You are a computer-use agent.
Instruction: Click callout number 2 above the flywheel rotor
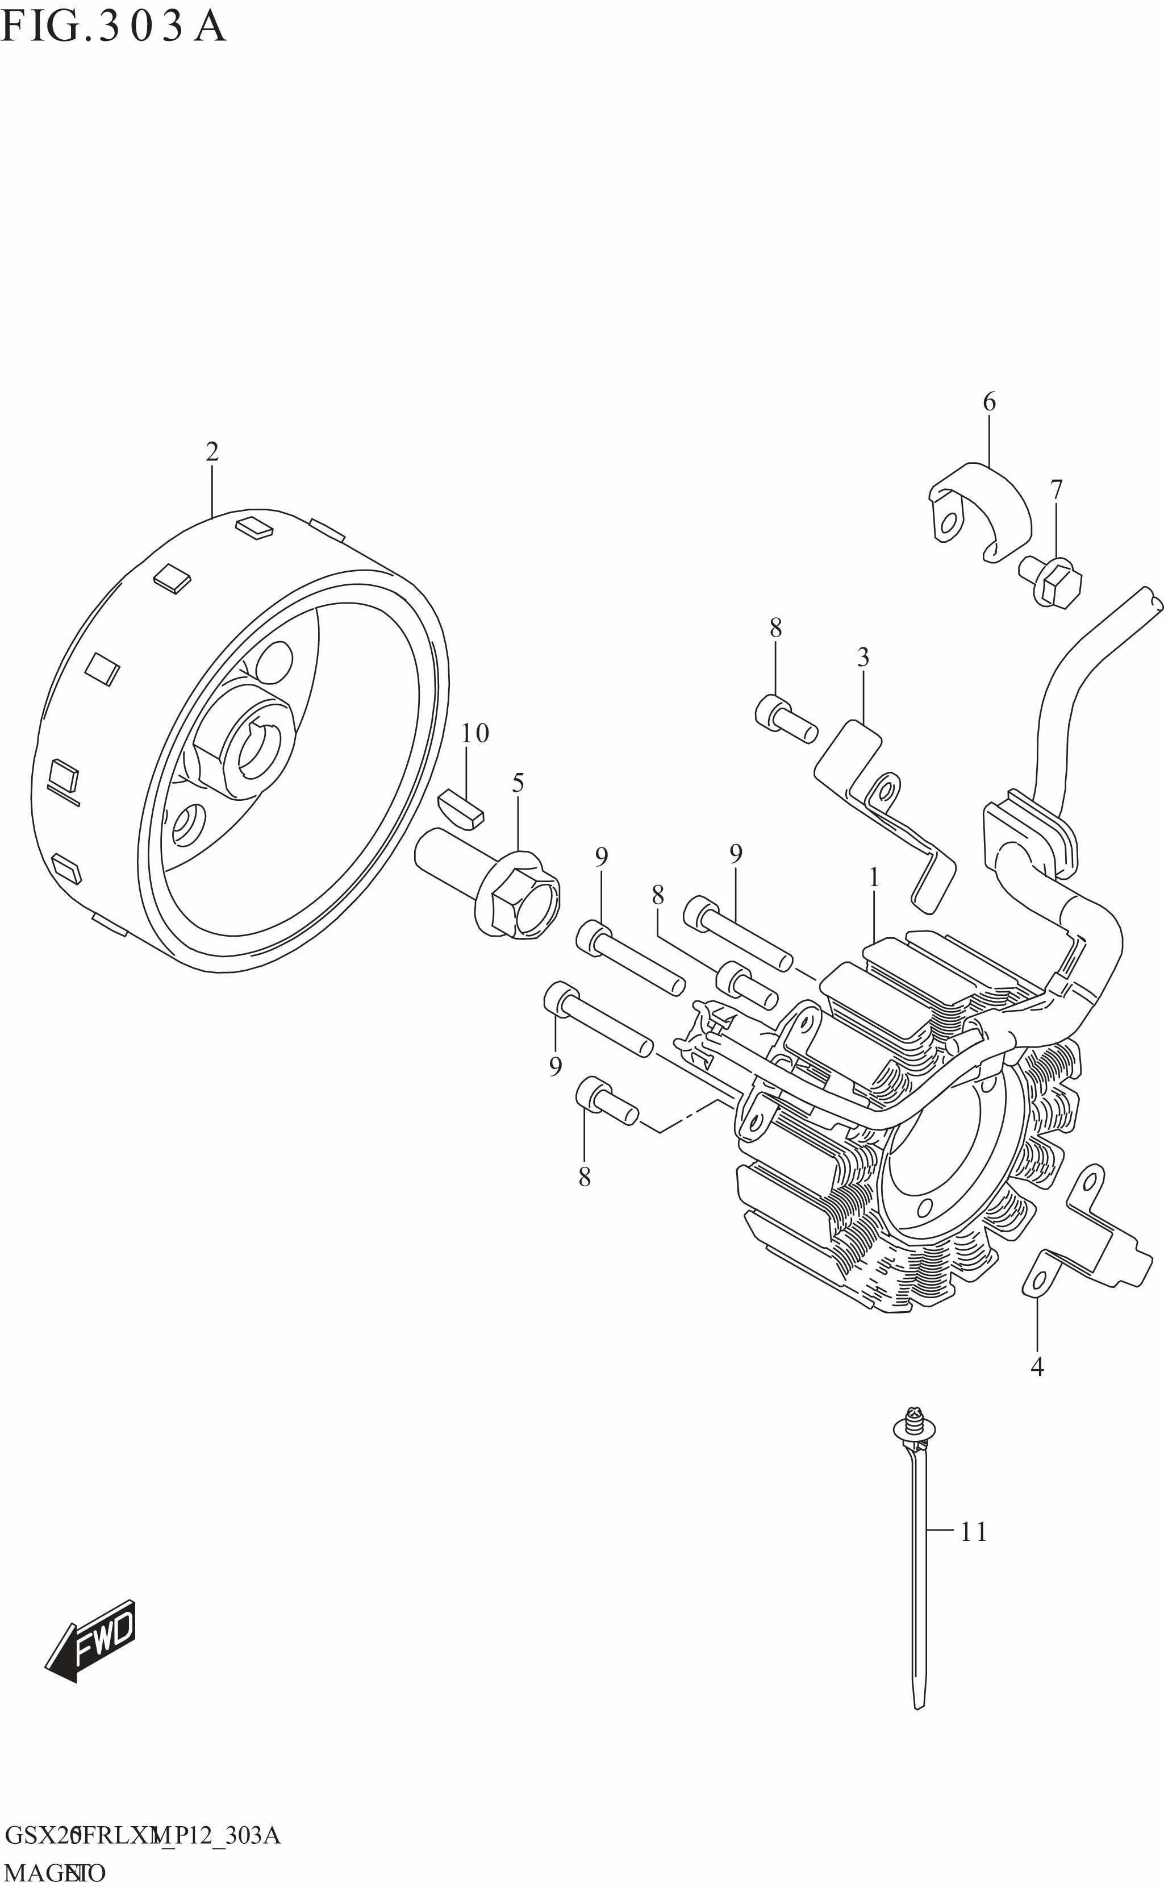(x=212, y=452)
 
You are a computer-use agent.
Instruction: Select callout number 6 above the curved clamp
(x=989, y=401)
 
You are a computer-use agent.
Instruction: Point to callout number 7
(x=1056, y=490)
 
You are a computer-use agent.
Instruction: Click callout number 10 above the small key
(x=475, y=733)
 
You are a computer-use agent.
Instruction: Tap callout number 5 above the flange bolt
(x=518, y=783)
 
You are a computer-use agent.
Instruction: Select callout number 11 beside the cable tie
(x=974, y=1532)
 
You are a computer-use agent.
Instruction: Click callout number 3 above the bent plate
(x=863, y=658)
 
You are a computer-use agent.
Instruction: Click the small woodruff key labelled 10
(x=460, y=809)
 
